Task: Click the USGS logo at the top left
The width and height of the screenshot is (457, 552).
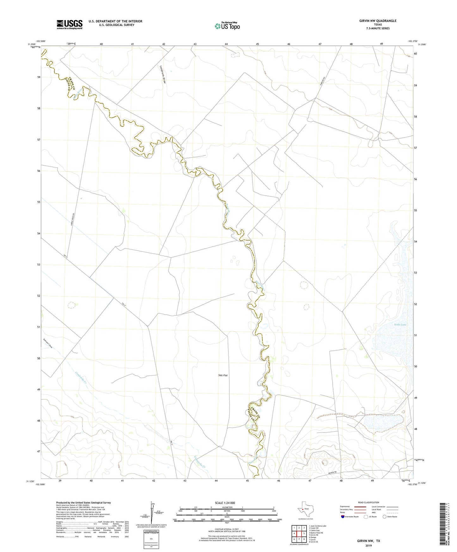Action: pyautogui.click(x=70, y=24)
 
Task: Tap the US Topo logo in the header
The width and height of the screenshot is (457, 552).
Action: pyautogui.click(x=227, y=26)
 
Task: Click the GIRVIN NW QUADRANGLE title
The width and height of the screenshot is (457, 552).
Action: pyautogui.click(x=378, y=21)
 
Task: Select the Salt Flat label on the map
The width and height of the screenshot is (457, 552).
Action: pyautogui.click(x=223, y=375)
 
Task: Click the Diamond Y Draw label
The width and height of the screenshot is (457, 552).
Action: pyautogui.click(x=48, y=343)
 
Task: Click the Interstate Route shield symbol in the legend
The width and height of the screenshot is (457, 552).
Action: pyautogui.click(x=343, y=517)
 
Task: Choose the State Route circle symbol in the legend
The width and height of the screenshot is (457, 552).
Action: pyautogui.click(x=385, y=517)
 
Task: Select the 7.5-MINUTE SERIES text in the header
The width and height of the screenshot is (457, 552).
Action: pyautogui.click(x=378, y=28)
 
